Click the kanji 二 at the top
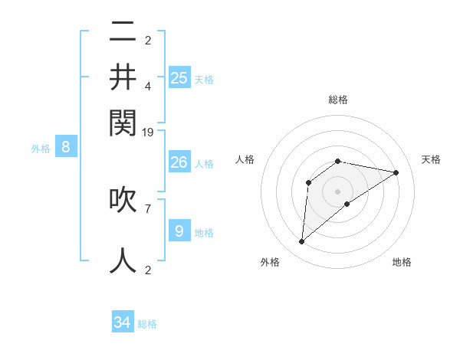coord(123,33)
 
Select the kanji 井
coord(123,77)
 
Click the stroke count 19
coord(148,132)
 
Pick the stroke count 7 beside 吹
coord(148,208)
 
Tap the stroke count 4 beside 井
coord(148,87)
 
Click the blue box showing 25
coord(179,77)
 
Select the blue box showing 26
coord(179,162)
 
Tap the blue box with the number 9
coord(179,231)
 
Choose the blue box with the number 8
coord(65,147)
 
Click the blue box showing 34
coord(123,322)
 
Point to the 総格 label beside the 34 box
coord(147,324)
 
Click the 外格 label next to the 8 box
coord(41,149)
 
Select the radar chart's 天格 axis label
coord(431,159)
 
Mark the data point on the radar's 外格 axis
coord(301,242)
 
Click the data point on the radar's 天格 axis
coord(396,172)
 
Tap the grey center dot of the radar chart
coord(338,191)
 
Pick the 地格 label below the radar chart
coord(402,262)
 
